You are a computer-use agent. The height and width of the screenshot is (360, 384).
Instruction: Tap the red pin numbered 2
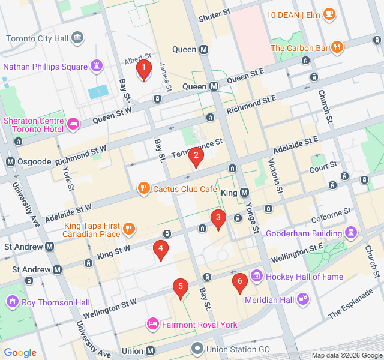pyautogui.click(x=196, y=157)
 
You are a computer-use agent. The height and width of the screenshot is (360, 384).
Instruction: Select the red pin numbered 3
pyautogui.click(x=218, y=219)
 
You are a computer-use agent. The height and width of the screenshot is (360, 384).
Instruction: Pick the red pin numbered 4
pyautogui.click(x=160, y=249)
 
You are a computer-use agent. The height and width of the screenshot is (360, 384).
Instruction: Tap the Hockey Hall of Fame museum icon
pyautogui.click(x=257, y=277)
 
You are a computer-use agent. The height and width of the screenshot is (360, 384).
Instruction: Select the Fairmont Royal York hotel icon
pyautogui.click(x=152, y=325)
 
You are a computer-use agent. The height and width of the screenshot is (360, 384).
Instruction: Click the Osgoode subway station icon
pyautogui.click(x=10, y=163)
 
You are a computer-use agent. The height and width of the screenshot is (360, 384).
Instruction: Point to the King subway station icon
pyautogui.click(x=244, y=193)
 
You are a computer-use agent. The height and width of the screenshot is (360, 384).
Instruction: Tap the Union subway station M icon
pyautogui.click(x=150, y=350)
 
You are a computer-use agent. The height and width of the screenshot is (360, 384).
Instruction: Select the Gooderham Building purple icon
pyautogui.click(x=351, y=232)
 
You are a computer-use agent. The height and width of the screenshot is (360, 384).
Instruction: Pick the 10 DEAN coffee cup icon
pyautogui.click(x=328, y=14)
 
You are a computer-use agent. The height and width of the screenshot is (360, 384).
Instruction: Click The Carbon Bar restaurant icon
pyautogui.click(x=338, y=47)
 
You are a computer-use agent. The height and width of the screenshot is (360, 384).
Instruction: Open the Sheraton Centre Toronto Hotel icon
pyautogui.click(x=73, y=125)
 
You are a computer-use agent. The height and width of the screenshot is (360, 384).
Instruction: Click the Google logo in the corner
pyautogui.click(x=20, y=353)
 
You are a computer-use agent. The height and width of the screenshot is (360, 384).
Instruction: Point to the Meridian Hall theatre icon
pyautogui.click(x=303, y=298)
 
